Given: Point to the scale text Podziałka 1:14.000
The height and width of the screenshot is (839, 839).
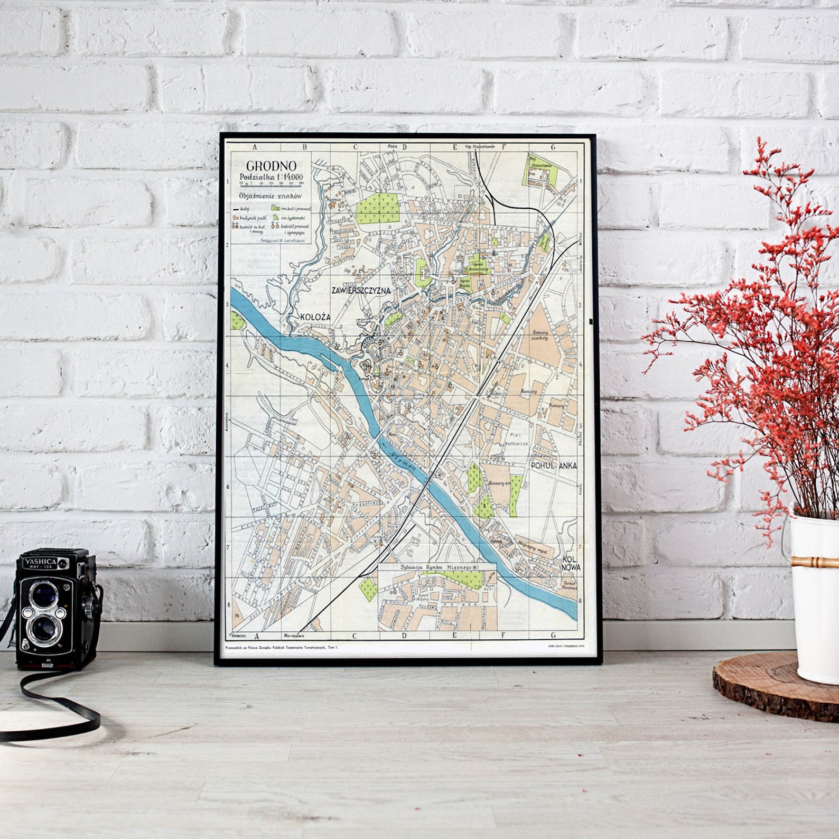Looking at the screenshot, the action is click(271, 178).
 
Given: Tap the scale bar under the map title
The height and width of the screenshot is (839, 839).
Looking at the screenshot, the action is click(271, 185).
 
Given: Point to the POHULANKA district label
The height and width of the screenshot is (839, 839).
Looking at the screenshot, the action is click(554, 465).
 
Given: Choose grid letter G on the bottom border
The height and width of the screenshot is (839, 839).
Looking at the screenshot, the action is click(554, 636).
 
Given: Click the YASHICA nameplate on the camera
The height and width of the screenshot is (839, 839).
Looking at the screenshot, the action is click(39, 562).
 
